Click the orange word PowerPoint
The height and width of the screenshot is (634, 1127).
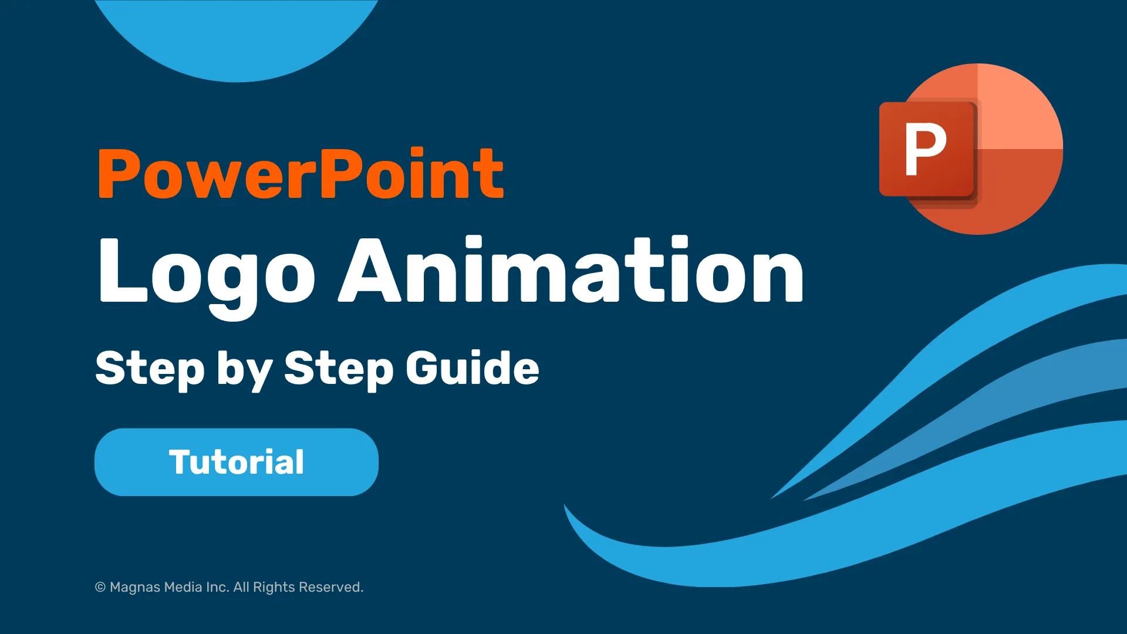click(301, 173)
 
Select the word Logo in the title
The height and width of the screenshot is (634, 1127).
click(207, 276)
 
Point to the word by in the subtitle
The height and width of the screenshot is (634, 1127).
click(245, 370)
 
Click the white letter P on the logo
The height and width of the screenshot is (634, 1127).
click(925, 149)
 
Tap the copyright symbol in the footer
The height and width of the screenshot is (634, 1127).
click(100, 587)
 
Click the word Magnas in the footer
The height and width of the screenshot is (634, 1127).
click(134, 588)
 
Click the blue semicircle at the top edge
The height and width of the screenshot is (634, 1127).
click(237, 35)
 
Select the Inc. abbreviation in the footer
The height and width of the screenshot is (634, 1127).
click(217, 587)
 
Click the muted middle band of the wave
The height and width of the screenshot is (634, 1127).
click(998, 405)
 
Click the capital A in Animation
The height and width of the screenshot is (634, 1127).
click(374, 270)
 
